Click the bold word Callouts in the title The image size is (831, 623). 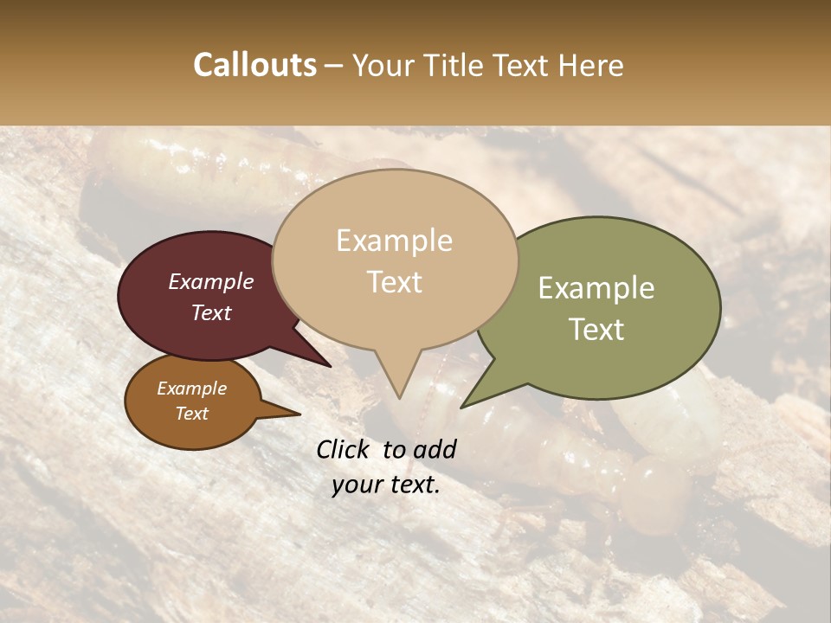click(x=254, y=65)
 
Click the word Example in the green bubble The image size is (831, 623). click(x=596, y=288)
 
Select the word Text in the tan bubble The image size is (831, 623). click(x=395, y=282)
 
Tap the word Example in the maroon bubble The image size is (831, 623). click(x=211, y=281)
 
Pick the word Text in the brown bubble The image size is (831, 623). click(x=192, y=414)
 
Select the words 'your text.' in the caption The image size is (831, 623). click(x=386, y=485)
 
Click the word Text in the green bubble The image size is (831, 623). click(x=597, y=330)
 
